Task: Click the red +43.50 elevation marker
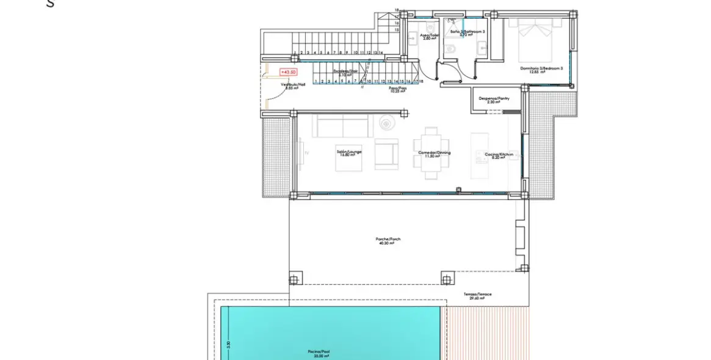tap(289, 73)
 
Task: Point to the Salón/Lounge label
tap(349, 152)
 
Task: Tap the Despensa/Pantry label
tap(494, 98)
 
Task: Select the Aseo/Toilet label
tap(429, 35)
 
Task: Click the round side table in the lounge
tap(386, 123)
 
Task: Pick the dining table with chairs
tap(431, 153)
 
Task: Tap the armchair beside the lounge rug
tap(386, 153)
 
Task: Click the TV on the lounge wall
tap(300, 153)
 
